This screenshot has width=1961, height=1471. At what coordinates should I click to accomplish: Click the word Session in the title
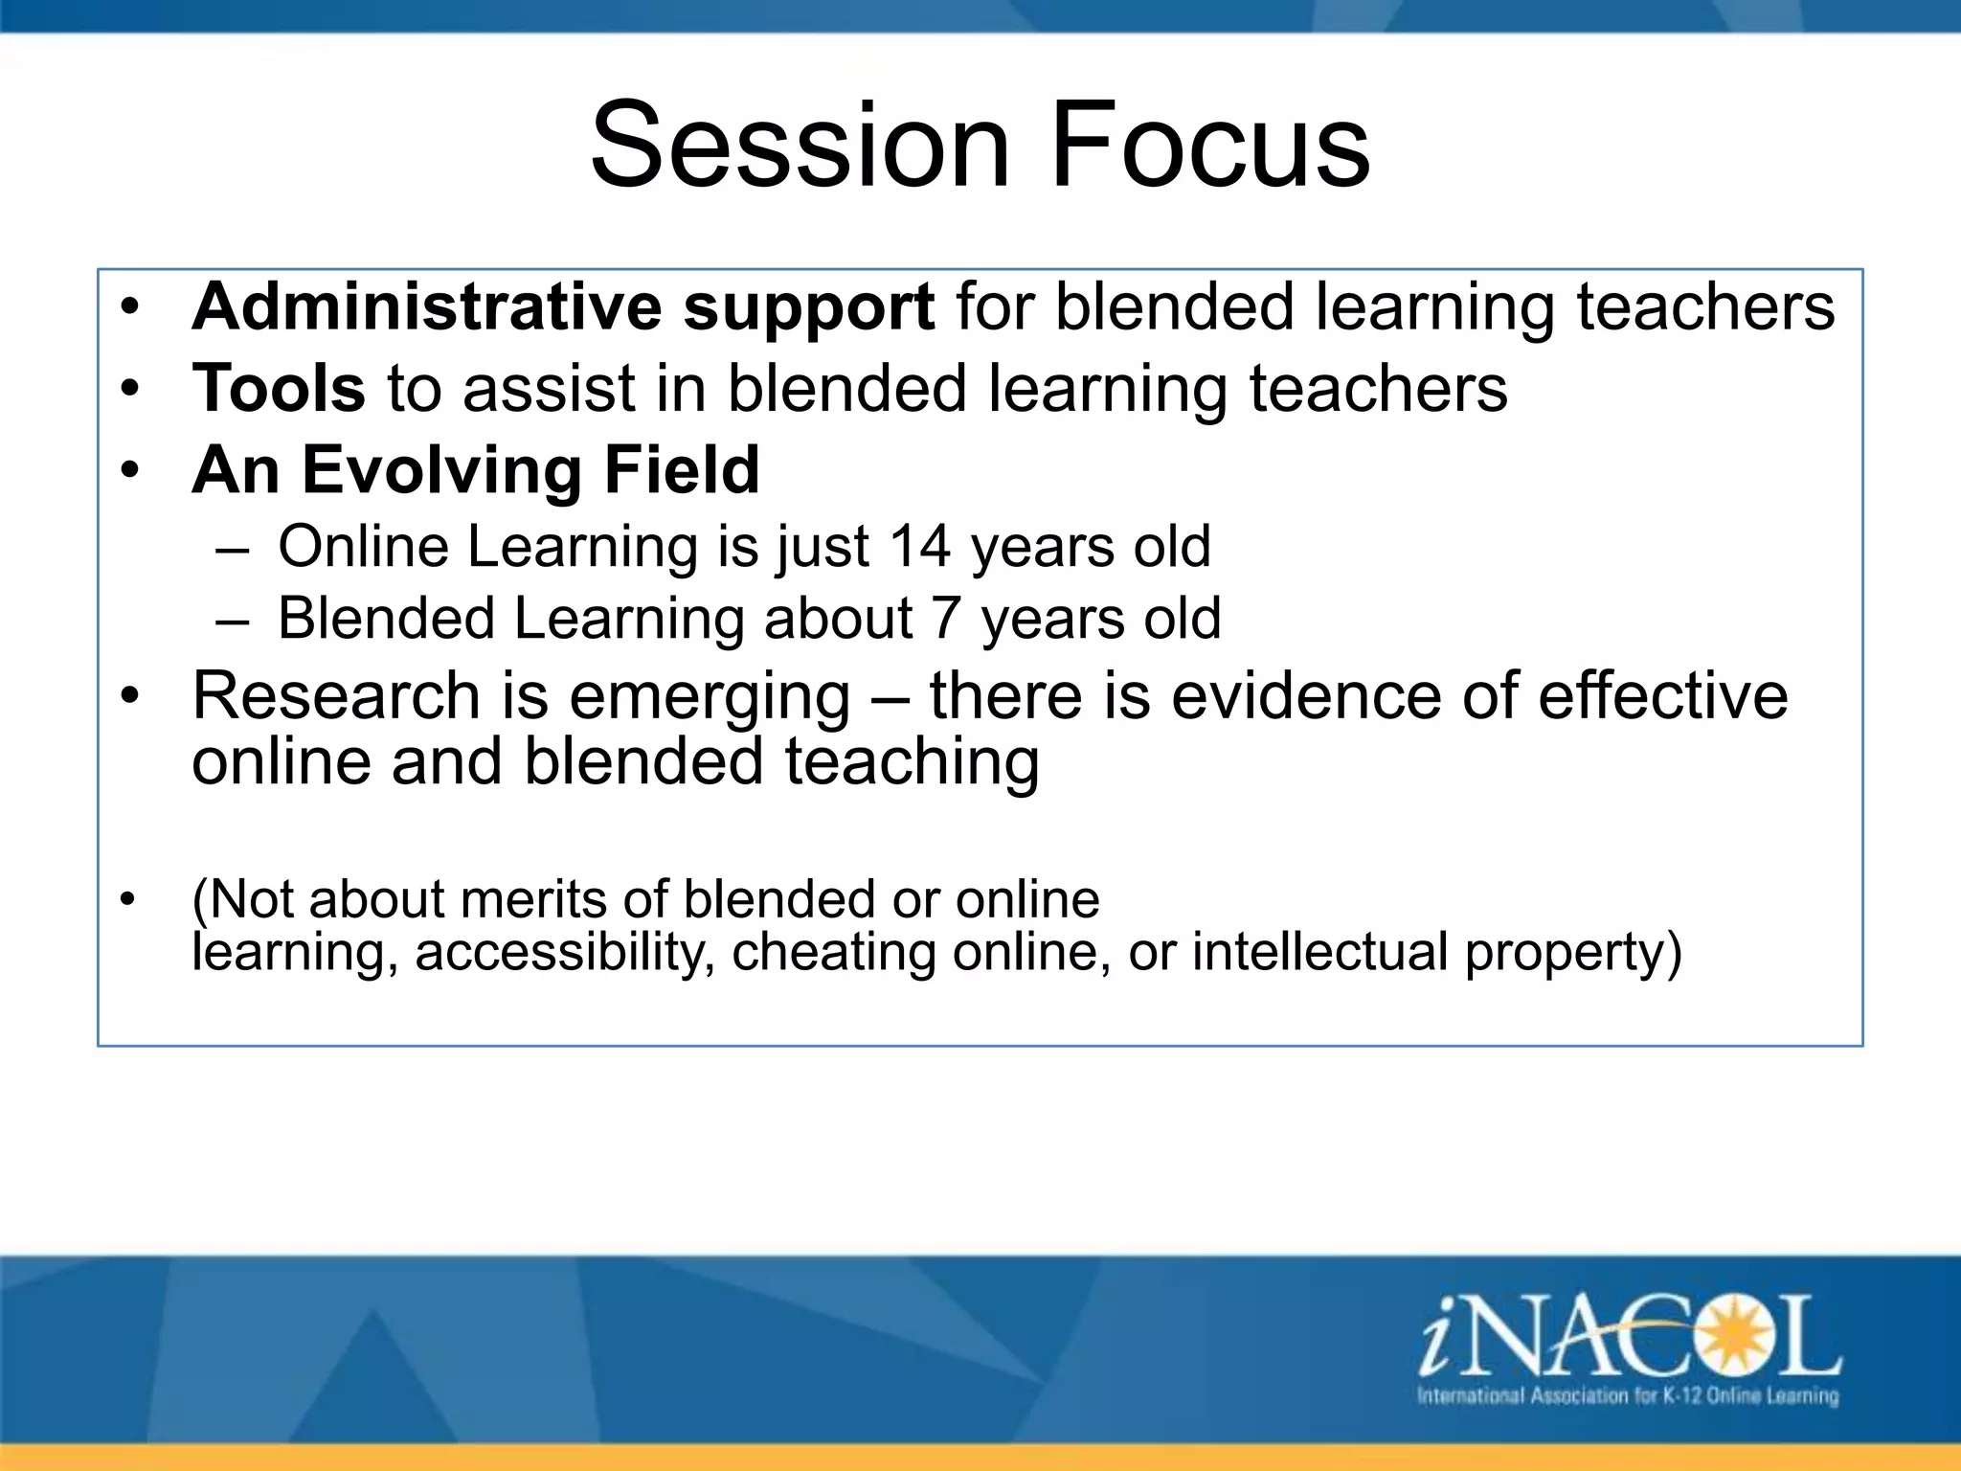(800, 146)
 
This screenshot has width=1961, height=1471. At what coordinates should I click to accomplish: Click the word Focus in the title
(1210, 146)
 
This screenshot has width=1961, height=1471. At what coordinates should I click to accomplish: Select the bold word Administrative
(426, 306)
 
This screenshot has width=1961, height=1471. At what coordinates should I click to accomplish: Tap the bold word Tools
(279, 388)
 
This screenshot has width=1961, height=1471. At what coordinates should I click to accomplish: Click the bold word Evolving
(441, 470)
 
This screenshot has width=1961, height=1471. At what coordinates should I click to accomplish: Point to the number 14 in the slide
(919, 547)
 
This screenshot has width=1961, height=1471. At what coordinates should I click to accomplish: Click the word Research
(336, 695)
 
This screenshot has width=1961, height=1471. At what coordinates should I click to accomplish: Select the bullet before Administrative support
(130, 308)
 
